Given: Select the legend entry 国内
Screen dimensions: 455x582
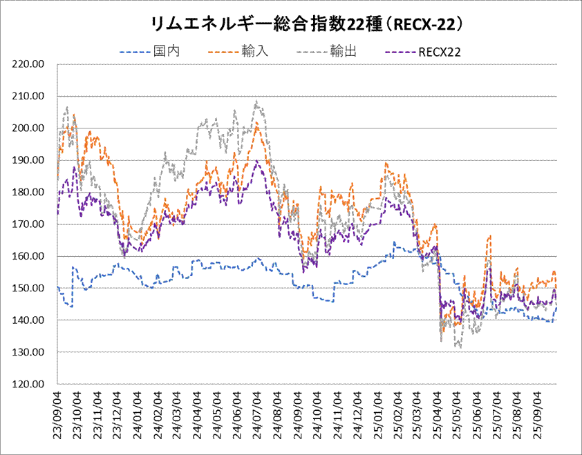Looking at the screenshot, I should click(167, 51).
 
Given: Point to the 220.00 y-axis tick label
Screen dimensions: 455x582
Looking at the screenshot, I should click(29, 64).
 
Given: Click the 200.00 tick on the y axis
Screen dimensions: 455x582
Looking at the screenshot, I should click(29, 128).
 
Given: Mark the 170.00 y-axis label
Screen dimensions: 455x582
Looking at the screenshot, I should click(29, 224).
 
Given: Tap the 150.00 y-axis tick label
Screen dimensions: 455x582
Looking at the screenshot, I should click(29, 289).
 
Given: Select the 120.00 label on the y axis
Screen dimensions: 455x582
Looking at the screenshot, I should click(29, 385).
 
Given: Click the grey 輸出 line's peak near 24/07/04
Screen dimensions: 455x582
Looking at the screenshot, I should click(256, 101).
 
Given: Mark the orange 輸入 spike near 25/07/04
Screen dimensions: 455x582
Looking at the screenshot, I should click(490, 236).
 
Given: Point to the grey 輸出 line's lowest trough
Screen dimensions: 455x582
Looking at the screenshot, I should click(460, 347).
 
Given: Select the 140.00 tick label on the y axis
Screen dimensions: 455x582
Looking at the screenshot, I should click(29, 320).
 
